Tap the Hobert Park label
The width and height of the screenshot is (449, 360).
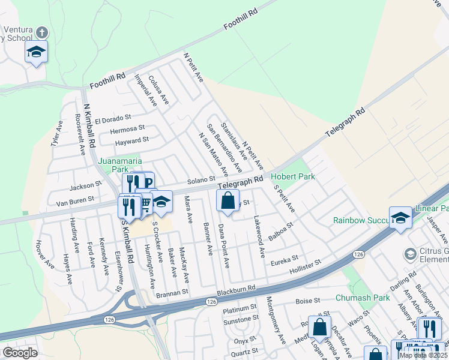tap(293, 176)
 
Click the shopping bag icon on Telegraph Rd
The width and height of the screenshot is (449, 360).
tap(228, 202)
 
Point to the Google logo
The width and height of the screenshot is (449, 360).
tap(20, 353)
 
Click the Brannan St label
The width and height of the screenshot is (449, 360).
tap(172, 292)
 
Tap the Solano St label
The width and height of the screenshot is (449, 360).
tap(200, 179)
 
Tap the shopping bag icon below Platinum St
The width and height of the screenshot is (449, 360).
tap(319, 328)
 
